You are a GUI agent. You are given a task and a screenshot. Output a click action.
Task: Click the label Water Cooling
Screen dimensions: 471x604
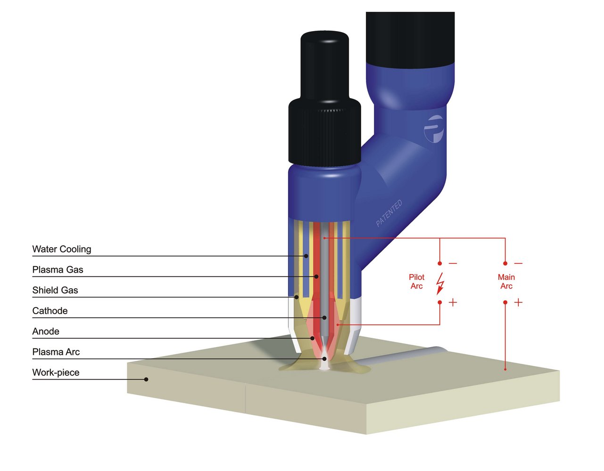[x=62, y=249]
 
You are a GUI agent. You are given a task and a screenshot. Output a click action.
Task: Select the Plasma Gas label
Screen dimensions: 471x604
[x=58, y=270]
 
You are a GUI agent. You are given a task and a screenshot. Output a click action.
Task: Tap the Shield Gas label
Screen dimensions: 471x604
[x=55, y=290]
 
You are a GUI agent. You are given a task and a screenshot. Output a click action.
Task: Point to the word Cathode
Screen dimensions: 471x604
[x=50, y=311]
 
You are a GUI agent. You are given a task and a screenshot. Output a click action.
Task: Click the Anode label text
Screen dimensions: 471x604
[x=46, y=332]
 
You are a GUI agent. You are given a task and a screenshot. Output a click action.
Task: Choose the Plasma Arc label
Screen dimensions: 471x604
[x=56, y=352]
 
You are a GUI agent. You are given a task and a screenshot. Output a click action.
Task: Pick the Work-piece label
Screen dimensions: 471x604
[x=56, y=373]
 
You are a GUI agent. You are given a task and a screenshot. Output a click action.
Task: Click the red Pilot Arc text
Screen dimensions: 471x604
[x=417, y=282]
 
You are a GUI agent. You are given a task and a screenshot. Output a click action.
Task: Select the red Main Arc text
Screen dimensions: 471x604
[x=506, y=282]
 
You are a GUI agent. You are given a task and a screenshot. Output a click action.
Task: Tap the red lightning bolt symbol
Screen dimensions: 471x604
[x=440, y=283]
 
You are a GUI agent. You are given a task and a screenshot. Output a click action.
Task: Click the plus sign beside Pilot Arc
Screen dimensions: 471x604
[x=453, y=302]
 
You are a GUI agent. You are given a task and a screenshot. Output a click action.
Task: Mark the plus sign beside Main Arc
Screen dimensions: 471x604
[x=518, y=302]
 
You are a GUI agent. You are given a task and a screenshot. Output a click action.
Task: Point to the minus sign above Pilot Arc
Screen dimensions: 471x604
[x=453, y=263]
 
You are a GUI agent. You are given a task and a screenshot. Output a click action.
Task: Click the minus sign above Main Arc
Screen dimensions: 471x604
[x=518, y=263]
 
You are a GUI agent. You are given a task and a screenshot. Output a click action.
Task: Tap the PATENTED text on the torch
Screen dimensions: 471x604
[x=389, y=213]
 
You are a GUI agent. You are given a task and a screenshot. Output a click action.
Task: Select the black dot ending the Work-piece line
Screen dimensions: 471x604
[x=146, y=379]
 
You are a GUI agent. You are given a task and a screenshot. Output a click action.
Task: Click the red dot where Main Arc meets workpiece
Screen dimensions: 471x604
[x=505, y=369]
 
